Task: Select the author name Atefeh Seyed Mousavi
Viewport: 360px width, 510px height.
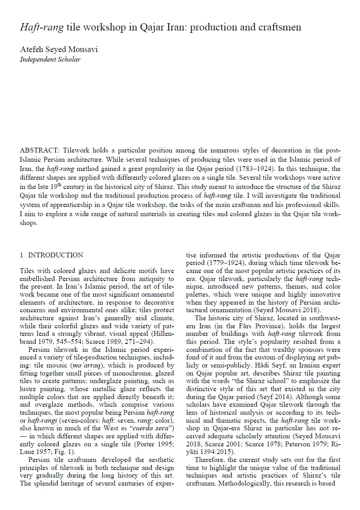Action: point(59,50)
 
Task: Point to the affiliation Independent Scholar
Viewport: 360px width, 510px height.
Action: point(50,59)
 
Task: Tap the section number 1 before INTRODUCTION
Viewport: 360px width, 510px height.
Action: point(22,255)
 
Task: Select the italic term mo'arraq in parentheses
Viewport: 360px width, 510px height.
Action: point(85,365)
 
